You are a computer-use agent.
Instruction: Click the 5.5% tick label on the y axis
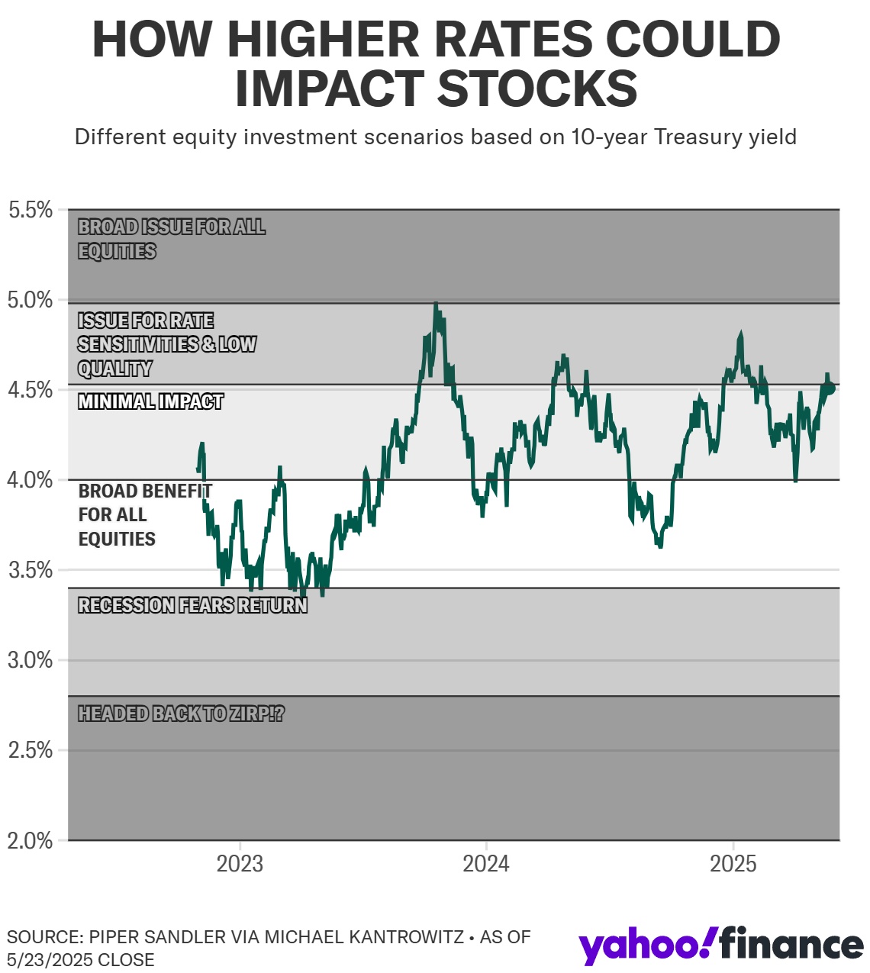[31, 210]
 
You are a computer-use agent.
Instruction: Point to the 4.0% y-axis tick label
[31, 480]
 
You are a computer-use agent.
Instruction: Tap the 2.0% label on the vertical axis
[31, 841]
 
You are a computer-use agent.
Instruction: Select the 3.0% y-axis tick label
[31, 660]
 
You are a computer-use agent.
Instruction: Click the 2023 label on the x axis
[240, 864]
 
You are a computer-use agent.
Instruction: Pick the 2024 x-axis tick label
[486, 864]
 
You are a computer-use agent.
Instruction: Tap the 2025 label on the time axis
[733, 864]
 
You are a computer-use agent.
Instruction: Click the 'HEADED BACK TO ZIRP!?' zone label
[181, 714]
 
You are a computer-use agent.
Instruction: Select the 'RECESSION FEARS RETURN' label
[192, 606]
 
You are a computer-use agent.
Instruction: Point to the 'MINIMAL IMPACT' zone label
[150, 401]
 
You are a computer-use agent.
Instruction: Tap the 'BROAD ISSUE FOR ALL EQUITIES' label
[171, 239]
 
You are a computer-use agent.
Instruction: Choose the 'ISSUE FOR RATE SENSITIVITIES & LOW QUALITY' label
[166, 344]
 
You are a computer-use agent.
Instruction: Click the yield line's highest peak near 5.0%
[436, 304]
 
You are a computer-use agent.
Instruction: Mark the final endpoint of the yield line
[831, 389]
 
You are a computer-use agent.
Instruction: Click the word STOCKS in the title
[537, 89]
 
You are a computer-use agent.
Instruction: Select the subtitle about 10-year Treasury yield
[435, 137]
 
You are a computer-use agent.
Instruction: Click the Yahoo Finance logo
[721, 946]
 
